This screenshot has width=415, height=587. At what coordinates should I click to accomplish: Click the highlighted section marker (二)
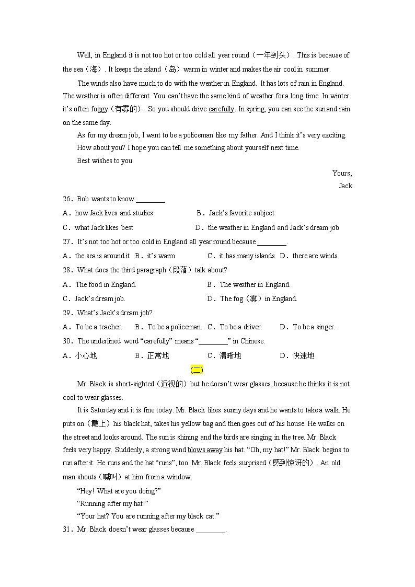pyautogui.click(x=197, y=370)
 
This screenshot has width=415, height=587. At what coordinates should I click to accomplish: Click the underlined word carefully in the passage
pyautogui.click(x=221, y=109)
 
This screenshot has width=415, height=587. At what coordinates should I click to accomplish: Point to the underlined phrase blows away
pyautogui.click(x=205, y=450)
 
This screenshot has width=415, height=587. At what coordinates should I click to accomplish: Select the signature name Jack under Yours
pyautogui.click(x=345, y=186)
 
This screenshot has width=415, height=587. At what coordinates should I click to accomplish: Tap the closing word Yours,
pyautogui.click(x=342, y=173)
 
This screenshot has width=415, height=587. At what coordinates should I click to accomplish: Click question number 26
pyautogui.click(x=67, y=199)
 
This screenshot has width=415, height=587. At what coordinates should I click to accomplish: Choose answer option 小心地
pyautogui.click(x=86, y=356)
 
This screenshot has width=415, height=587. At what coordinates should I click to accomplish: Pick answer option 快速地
pyautogui.click(x=303, y=356)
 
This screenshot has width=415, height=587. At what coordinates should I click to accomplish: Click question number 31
pyautogui.click(x=67, y=529)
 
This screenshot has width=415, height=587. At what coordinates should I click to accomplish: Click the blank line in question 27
pyautogui.click(x=272, y=242)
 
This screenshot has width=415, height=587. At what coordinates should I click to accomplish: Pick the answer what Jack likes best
pyautogui.click(x=104, y=227)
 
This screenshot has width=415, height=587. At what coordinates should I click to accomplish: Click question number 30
pyautogui.click(x=67, y=341)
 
